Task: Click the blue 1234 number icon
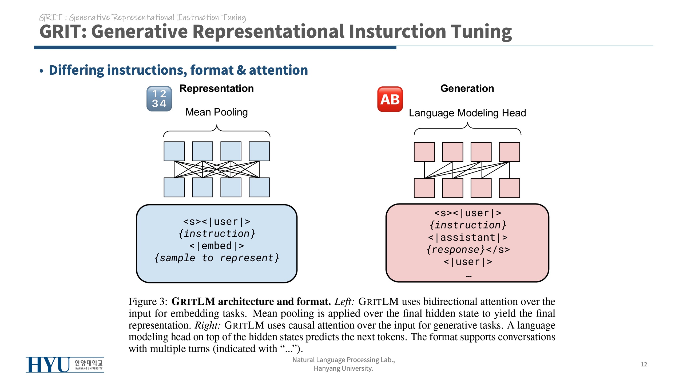[x=159, y=99]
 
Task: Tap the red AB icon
[x=390, y=99]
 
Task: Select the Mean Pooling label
[x=216, y=112]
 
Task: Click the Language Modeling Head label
[x=467, y=113]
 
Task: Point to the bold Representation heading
[x=216, y=89]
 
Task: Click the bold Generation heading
[x=467, y=89]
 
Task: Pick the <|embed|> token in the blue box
[x=216, y=246]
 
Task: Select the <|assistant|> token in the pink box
[x=467, y=237]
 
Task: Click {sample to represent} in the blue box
[x=216, y=258]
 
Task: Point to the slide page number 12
[x=644, y=364]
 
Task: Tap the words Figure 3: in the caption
[x=148, y=302]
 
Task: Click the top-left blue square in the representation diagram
[x=174, y=151]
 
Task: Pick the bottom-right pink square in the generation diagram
[x=509, y=188]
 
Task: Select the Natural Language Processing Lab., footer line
[x=344, y=360]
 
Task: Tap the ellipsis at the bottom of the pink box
[x=468, y=276]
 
